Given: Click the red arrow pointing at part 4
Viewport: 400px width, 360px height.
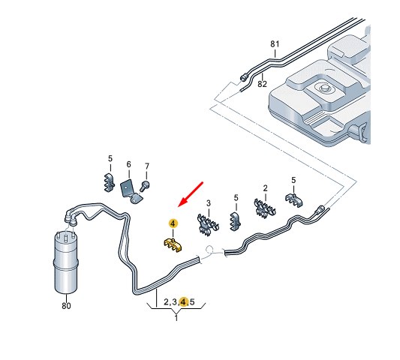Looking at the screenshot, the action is (x=191, y=194).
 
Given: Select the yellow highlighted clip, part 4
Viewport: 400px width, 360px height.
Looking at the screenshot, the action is (x=173, y=244).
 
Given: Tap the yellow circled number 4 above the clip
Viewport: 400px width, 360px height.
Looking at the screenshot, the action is (x=173, y=223).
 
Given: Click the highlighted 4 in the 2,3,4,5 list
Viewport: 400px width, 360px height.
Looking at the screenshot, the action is (x=183, y=301).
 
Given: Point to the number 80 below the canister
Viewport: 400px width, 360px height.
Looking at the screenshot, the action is (x=66, y=305).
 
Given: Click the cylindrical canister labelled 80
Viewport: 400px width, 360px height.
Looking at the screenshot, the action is (x=66, y=262).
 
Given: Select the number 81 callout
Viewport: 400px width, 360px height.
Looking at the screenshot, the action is (x=275, y=44).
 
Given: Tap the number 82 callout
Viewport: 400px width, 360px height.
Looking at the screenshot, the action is (x=262, y=84).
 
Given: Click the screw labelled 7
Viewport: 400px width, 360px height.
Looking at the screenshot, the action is (x=145, y=186).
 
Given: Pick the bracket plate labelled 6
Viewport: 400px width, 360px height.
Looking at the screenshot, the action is (x=131, y=192).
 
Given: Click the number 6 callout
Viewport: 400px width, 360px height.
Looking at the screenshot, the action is (x=128, y=164).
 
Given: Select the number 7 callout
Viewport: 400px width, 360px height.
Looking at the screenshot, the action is (x=146, y=166).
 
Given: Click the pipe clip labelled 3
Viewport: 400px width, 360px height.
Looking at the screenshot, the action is (x=208, y=224).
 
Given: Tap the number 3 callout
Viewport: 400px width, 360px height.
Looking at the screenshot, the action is (x=209, y=203).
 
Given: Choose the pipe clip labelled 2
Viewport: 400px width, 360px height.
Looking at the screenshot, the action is (x=265, y=208).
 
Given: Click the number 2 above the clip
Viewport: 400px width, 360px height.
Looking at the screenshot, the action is (x=266, y=188).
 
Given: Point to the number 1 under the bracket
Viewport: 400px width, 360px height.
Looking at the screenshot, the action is (x=176, y=318).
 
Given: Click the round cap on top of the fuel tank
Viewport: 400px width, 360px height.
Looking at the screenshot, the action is (x=324, y=88).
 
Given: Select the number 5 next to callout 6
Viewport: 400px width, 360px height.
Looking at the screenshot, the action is (x=110, y=158).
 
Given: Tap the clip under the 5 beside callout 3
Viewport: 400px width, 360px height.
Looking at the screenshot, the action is (x=235, y=221).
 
